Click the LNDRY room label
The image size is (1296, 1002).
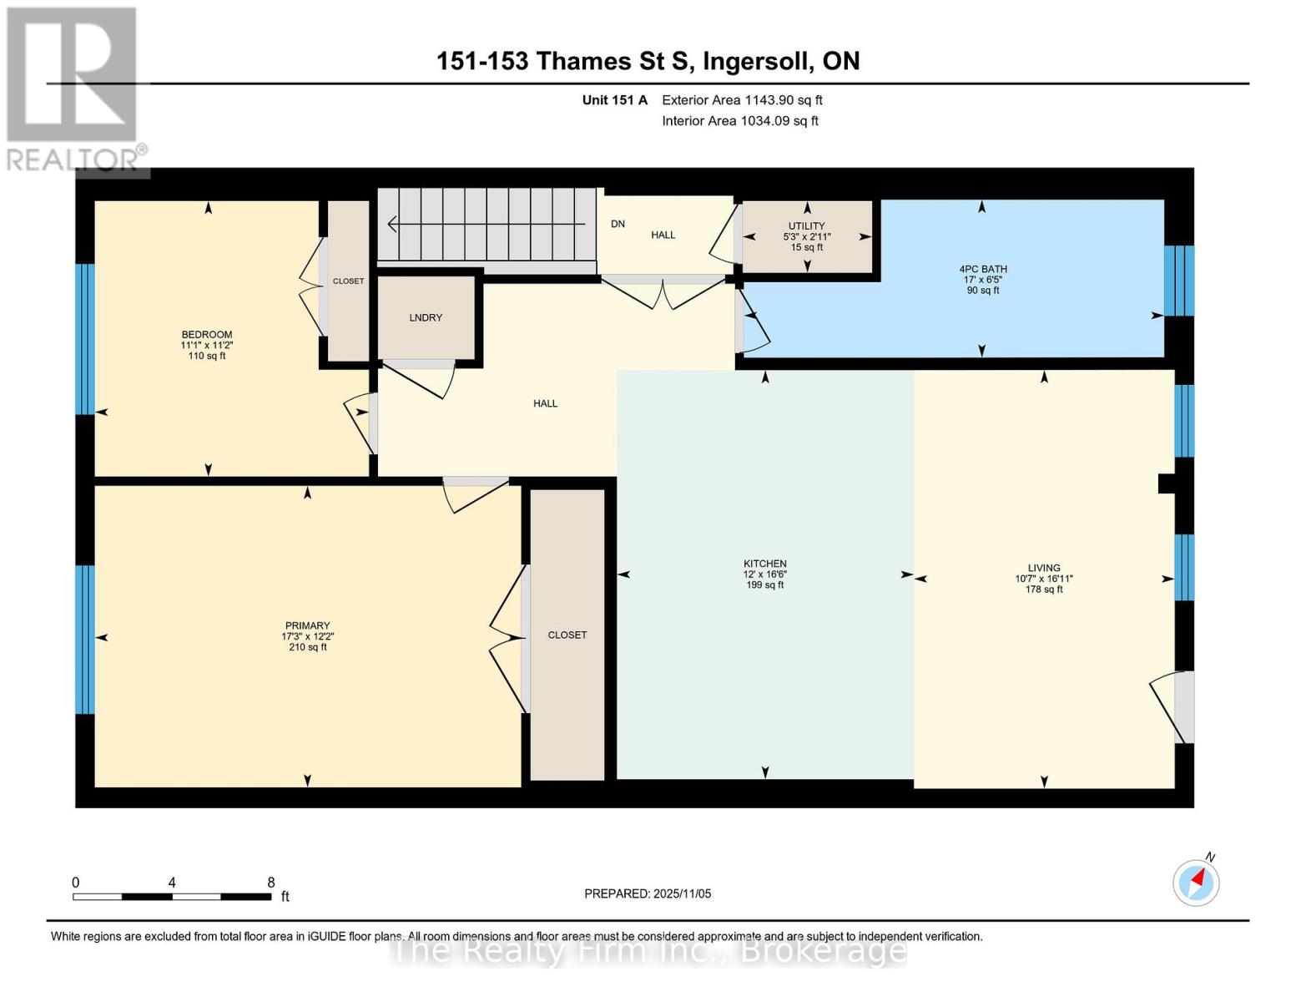pos(426,318)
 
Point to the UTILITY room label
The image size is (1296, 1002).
pos(806,226)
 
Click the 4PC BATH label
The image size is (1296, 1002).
pos(982,269)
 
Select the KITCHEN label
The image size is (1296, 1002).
pos(765,564)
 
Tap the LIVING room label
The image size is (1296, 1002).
pos(1043,568)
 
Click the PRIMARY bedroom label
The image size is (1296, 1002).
pos(307,625)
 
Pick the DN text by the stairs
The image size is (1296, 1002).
pos(618,224)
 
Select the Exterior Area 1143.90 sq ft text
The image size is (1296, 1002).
pos(742,100)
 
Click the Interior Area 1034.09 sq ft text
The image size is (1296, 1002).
pos(739,121)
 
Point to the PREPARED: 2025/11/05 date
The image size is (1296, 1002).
pos(648,893)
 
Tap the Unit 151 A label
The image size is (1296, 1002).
pos(614,100)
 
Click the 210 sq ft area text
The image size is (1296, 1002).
pos(307,647)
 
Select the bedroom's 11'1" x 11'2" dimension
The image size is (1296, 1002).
pos(206,345)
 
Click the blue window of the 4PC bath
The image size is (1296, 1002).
pos(1178,281)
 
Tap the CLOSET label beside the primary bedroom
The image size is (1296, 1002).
pos(567,635)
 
